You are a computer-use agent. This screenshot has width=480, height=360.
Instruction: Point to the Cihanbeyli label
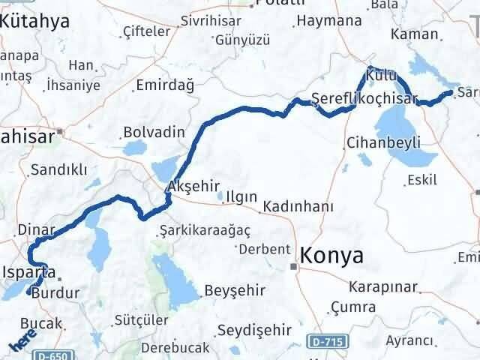click(383, 142)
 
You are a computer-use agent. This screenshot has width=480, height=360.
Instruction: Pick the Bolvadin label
click(154, 132)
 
